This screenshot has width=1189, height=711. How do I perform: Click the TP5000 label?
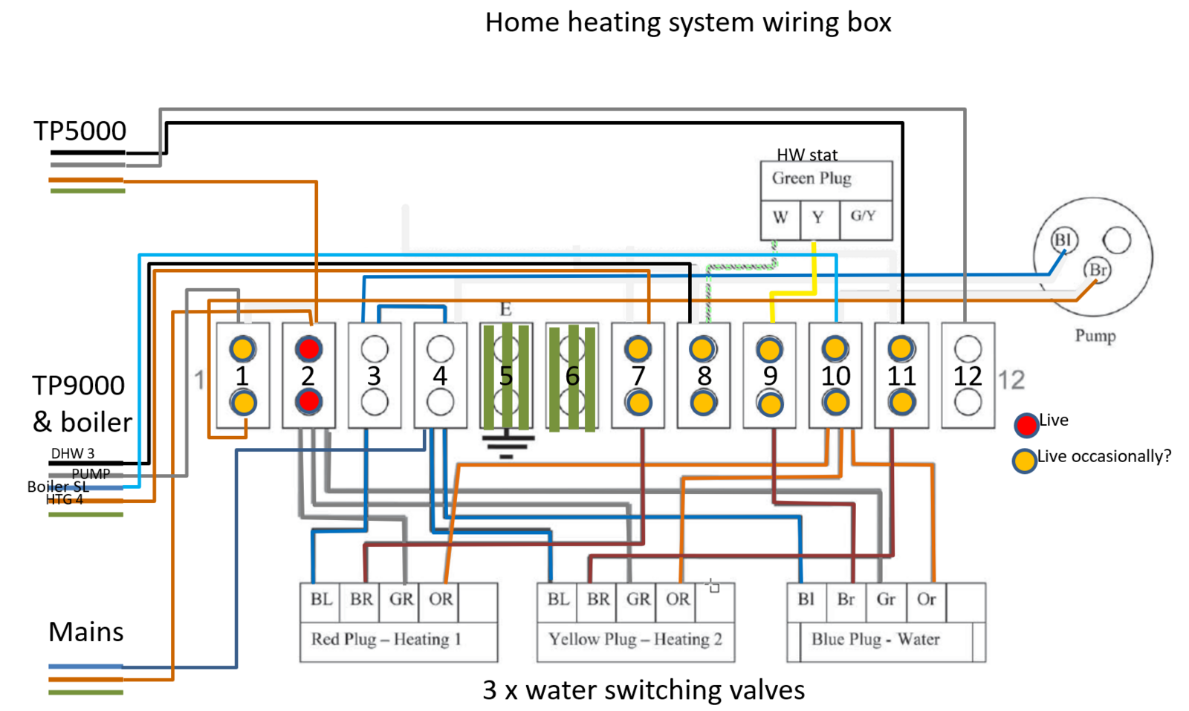point(80,131)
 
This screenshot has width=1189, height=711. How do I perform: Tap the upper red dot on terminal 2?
point(308,348)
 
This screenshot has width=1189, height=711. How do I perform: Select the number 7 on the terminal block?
point(638,376)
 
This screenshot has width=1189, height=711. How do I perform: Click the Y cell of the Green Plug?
point(818,218)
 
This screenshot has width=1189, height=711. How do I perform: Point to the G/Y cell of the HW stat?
point(864,216)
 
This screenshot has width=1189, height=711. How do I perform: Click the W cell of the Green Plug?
point(780,218)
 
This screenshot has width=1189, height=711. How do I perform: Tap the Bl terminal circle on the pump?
point(1063,240)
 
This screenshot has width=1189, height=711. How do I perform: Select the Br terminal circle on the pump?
point(1097,270)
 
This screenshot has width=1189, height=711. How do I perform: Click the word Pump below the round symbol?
point(1095,336)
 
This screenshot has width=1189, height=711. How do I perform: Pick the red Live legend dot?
point(1026,424)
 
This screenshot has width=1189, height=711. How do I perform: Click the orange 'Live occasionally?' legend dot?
point(1024,461)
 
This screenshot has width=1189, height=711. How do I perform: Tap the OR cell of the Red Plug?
point(441,600)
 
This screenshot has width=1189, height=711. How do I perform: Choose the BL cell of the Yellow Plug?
point(558,600)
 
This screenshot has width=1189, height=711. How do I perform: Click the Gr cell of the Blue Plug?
point(886,600)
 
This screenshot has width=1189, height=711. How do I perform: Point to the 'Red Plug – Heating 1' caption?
point(386,639)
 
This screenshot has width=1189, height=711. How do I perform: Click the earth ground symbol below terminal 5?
point(506,444)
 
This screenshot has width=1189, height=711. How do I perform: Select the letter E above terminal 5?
point(505,309)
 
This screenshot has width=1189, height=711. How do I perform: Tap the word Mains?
point(86,632)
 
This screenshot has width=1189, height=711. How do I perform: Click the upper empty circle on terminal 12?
point(968,348)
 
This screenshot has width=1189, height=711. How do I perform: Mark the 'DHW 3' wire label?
point(72,453)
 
